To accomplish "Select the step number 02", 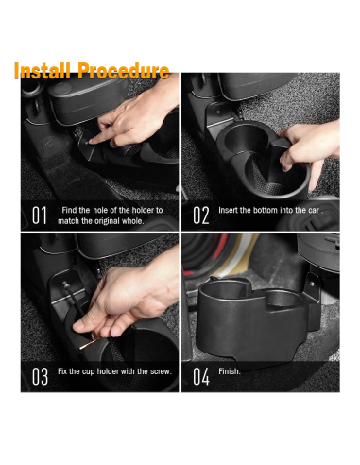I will click(x=200, y=215).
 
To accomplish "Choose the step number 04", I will click(x=200, y=376).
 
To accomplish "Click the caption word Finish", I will click(x=230, y=371).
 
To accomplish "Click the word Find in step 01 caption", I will click(x=72, y=209).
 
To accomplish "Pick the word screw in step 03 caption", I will click(x=158, y=371).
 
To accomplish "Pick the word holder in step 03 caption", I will click(x=111, y=371).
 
